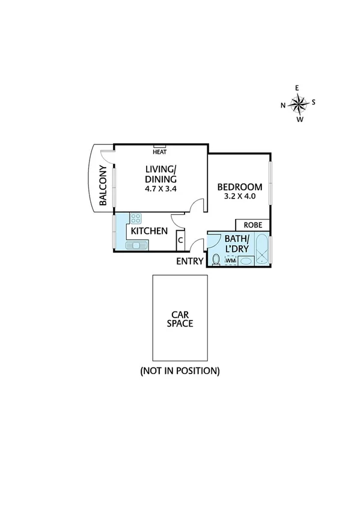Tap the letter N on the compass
click(283, 105)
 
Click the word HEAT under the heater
click(160, 152)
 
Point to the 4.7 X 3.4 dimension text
click(160, 188)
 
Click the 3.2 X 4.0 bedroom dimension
click(240, 195)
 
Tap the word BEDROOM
click(240, 186)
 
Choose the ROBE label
click(252, 225)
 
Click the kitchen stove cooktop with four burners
click(136, 219)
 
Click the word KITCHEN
click(149, 232)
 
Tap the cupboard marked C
click(180, 240)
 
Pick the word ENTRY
click(190, 261)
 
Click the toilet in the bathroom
click(215, 259)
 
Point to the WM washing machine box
click(230, 260)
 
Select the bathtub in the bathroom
click(262, 250)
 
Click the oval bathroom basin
click(247, 261)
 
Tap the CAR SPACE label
click(180, 318)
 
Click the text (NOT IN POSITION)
click(180, 370)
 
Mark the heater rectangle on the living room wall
click(160, 146)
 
